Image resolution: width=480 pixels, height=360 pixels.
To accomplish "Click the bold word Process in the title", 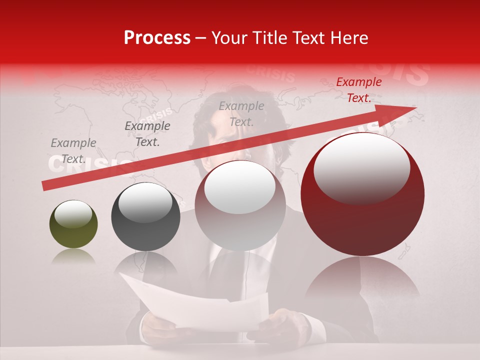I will pos(157,38).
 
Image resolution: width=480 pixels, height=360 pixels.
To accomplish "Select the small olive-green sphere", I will pos(73,224).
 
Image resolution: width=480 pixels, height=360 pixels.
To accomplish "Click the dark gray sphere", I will pos(145,217).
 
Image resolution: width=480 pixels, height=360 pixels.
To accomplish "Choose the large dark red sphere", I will pos(362,195).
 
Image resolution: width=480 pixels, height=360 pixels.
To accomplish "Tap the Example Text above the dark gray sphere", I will pos(147,134).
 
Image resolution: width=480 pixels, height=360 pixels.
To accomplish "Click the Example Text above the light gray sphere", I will pos(241,113).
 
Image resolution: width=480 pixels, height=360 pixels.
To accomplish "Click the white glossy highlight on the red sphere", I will pos(361,167).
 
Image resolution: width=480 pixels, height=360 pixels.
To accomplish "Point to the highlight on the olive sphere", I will pos(73,213).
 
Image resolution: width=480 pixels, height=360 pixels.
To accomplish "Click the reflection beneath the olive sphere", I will pos(73,256).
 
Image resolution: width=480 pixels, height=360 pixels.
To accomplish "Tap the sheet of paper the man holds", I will pos(200,305).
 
